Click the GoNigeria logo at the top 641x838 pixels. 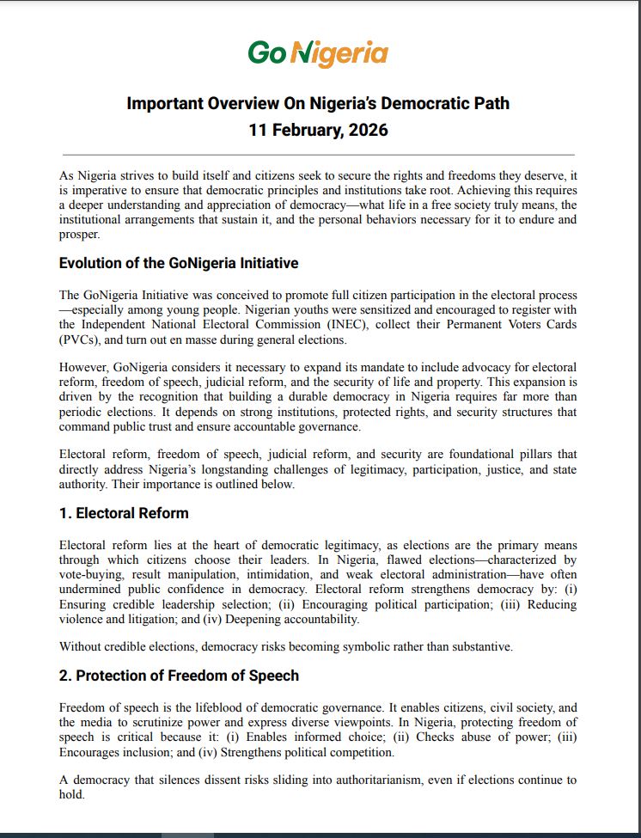[x=318, y=53]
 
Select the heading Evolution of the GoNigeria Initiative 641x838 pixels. [x=179, y=263]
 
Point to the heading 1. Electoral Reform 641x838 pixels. [x=124, y=513]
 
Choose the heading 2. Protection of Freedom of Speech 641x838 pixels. [x=179, y=676]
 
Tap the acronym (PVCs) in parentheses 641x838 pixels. [x=82, y=339]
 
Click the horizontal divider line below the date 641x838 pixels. [x=318, y=153]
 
